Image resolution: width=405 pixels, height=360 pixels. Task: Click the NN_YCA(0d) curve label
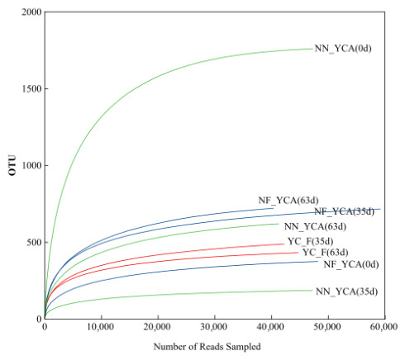pos(343,49)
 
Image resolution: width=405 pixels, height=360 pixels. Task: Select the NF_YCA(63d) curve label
pos(288,201)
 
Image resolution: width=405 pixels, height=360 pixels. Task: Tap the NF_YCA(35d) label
pos(345,211)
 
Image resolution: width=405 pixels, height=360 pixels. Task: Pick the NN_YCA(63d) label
pos(315,226)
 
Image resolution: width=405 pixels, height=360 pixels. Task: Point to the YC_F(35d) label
pos(311,241)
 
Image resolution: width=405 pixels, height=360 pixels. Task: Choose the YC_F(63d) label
pos(326,253)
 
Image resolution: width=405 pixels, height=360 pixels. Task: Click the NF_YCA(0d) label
pos(351,264)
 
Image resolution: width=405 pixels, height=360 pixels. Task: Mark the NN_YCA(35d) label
pos(346,291)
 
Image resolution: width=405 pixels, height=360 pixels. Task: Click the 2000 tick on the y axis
pos(31,12)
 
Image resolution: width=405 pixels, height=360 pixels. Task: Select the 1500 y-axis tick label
pos(31,89)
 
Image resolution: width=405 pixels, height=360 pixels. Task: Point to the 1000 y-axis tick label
pos(31,166)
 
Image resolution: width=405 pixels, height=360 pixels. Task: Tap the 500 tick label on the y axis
pos(34,243)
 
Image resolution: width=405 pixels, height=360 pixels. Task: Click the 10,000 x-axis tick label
pos(102,327)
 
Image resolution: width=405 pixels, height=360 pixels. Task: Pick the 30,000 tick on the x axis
pos(215,327)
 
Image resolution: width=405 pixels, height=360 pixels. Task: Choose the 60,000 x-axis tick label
pos(385,327)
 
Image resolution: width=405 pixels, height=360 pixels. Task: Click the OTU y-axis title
pos(12,165)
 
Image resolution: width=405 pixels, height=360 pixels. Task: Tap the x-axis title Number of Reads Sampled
pos(207,347)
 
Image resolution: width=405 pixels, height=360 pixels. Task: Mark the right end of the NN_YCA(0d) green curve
pos(312,49)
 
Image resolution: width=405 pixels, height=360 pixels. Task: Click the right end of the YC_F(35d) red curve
pos(283,244)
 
